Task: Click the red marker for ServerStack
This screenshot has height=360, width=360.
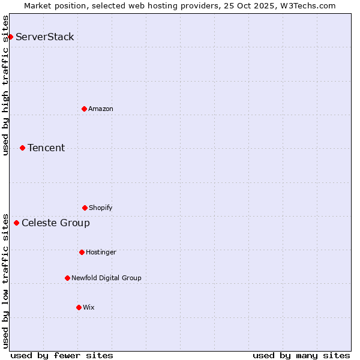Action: point(10,37)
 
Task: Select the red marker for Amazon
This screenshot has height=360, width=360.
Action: point(84,109)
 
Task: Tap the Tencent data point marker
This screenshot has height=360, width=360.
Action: point(22,148)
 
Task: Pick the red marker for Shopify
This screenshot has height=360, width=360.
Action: point(85,208)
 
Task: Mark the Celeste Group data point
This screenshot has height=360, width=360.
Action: point(16,223)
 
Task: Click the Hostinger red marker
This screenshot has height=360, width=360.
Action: point(82,252)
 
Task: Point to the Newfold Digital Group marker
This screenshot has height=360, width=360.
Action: point(67,278)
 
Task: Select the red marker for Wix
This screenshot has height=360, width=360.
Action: point(79,307)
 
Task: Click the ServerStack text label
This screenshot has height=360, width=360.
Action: point(45,37)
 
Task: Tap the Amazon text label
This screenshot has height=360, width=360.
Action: point(101,109)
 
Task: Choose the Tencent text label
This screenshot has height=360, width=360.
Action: point(46,148)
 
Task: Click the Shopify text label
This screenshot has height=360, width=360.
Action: point(101,208)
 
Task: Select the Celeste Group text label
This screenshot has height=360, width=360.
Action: point(56,223)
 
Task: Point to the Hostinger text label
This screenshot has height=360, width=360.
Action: point(101,252)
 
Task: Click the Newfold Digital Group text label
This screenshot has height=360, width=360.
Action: point(106,278)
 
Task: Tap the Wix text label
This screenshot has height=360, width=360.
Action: point(89,307)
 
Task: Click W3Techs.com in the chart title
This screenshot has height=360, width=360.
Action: point(305,5)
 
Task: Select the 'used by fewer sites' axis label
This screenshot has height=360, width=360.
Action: point(62,355)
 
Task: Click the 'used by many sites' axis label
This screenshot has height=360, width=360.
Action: point(301,355)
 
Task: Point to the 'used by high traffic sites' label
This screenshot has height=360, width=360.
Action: point(5,85)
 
